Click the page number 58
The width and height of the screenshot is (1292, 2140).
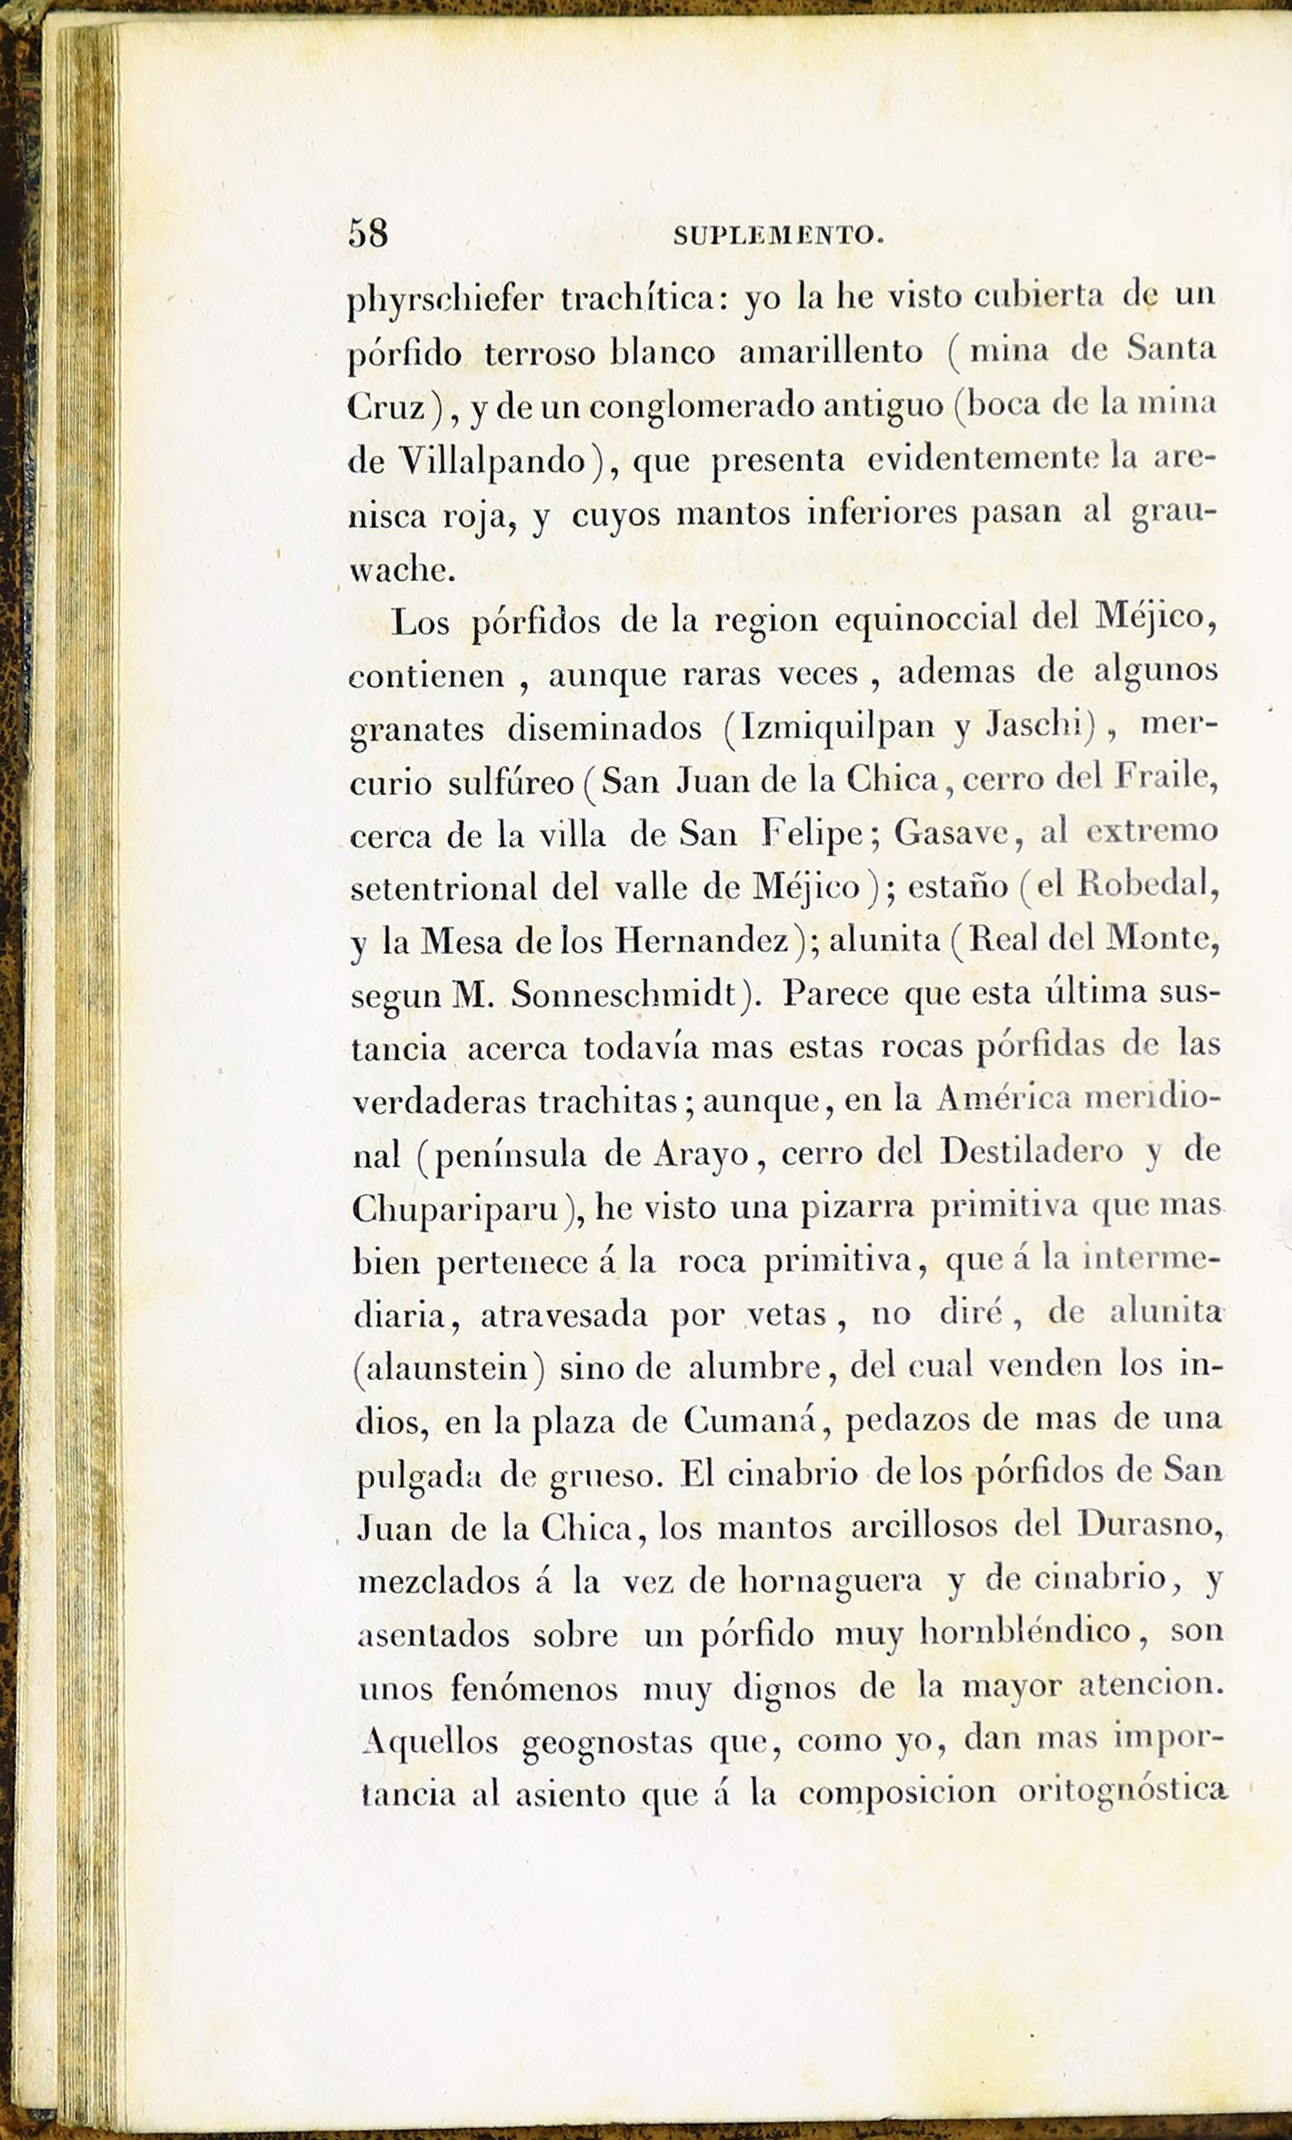click(x=368, y=233)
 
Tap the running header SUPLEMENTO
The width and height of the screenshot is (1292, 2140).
click(x=779, y=236)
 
